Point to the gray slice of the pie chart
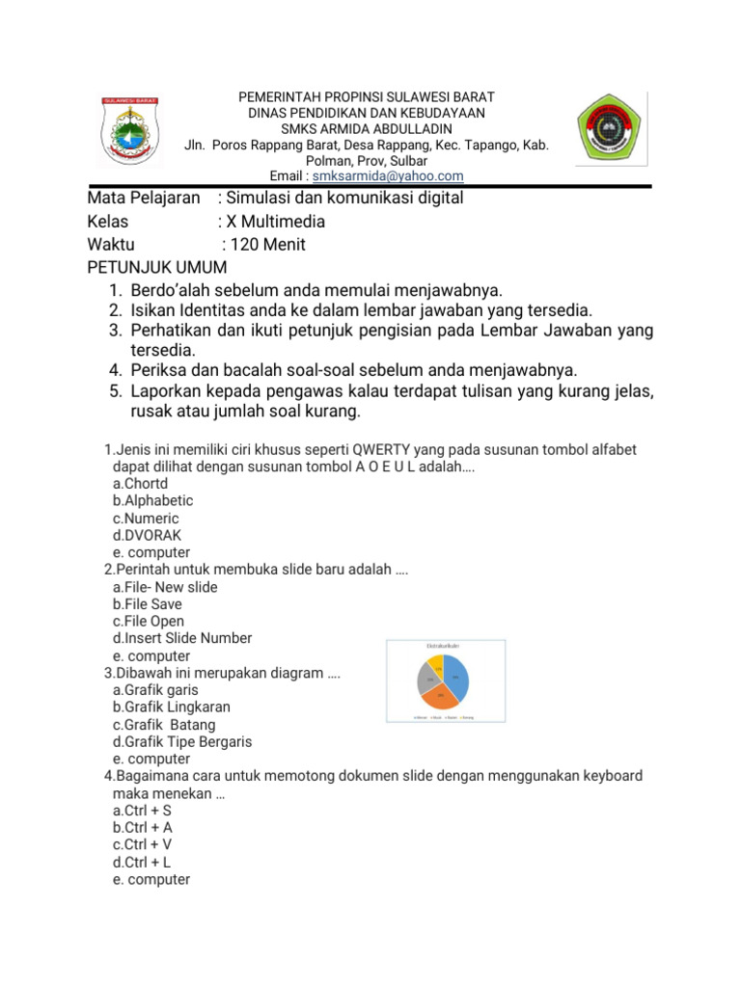click(x=426, y=680)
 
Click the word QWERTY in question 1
click(x=359, y=450)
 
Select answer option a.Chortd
click(x=140, y=483)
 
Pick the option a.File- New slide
click(x=165, y=587)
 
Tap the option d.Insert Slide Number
click(x=182, y=638)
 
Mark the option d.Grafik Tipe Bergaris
click(x=181, y=741)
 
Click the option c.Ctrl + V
click(x=142, y=844)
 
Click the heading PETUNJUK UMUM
click(x=156, y=267)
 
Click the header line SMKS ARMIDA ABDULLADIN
click(x=367, y=129)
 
